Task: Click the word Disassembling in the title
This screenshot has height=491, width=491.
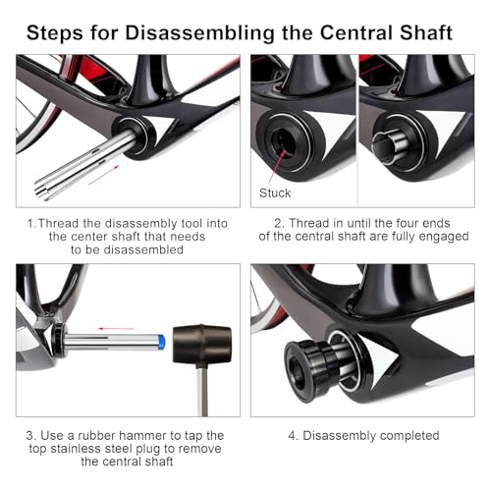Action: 199,33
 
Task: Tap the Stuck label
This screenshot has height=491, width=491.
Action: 275,193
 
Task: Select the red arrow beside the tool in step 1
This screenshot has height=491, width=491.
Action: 103,175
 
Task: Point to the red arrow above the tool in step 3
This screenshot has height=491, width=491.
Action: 116,328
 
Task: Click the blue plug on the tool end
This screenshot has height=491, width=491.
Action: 161,342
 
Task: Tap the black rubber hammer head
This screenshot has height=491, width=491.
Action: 202,345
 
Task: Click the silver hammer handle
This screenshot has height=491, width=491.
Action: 202,391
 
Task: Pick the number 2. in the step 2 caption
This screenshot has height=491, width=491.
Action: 279,223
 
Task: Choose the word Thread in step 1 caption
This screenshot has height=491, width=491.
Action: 58,224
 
